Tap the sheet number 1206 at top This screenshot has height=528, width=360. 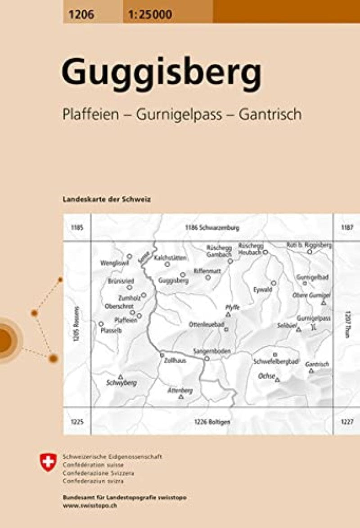(80, 15)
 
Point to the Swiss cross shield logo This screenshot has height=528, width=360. (48, 463)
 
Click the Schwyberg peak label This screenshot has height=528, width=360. (121, 383)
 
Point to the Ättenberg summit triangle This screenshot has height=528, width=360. (181, 397)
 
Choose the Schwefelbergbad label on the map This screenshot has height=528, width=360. (275, 361)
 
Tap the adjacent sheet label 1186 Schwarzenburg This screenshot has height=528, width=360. (211, 228)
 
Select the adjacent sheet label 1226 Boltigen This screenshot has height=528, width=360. (212, 422)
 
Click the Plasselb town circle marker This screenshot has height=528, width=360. (101, 324)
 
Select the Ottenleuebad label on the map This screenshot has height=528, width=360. (206, 324)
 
